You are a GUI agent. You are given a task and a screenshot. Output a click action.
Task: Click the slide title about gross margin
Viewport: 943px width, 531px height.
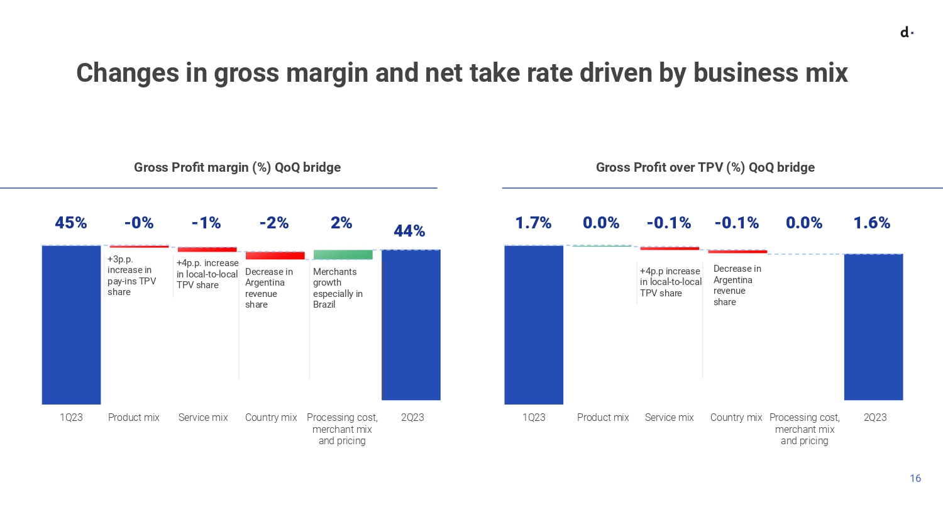461,73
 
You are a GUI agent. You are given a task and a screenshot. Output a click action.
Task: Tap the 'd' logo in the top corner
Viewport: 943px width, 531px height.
906,32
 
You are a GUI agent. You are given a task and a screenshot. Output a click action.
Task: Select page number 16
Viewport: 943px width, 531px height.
915,478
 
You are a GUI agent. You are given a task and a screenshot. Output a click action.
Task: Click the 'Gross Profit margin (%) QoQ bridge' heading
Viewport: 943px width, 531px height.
237,167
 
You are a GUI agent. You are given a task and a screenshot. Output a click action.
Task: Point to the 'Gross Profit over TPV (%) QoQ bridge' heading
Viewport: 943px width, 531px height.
705,167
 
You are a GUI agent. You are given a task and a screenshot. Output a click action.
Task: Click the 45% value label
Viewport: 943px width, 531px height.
70,223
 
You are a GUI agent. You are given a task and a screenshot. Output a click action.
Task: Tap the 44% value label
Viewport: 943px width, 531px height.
409,231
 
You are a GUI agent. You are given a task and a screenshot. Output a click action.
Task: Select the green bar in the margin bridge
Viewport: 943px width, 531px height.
343,255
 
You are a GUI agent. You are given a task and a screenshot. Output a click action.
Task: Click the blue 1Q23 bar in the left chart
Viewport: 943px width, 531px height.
71,324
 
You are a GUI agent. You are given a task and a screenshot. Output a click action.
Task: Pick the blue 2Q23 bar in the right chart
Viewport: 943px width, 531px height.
873,327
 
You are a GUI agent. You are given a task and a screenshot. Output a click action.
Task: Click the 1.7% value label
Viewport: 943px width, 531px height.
533,223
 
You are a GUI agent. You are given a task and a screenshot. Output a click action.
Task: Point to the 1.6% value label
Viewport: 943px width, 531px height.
871,223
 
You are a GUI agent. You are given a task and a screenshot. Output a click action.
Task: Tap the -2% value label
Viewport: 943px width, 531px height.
274,223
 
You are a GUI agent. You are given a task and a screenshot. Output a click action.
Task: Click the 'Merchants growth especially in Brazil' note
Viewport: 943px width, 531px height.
338,288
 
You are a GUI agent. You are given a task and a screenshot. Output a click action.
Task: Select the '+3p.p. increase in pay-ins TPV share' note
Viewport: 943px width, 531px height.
131,276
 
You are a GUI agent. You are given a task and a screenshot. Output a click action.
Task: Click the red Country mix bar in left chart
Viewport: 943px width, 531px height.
275,255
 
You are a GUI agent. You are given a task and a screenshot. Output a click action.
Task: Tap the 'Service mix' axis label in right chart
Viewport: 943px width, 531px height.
669,417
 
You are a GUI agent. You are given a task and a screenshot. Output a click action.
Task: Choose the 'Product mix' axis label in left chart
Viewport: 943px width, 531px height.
133,417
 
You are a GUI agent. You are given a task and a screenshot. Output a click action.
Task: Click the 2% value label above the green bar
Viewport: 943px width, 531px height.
341,223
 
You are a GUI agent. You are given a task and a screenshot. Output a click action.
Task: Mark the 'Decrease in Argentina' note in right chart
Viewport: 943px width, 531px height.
737,285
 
